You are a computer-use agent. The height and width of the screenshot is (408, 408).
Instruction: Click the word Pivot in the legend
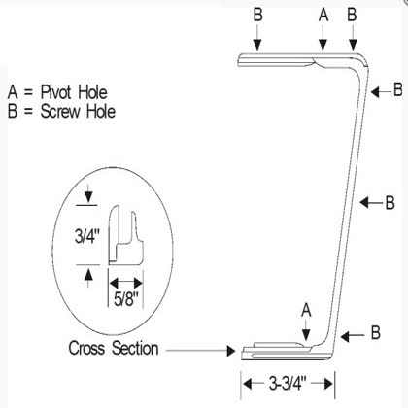(x=56, y=92)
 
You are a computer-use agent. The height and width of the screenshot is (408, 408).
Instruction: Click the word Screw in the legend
(x=60, y=112)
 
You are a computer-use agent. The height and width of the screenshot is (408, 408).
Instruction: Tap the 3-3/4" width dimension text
(x=288, y=384)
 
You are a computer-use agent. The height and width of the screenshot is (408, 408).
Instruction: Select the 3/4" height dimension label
(x=86, y=236)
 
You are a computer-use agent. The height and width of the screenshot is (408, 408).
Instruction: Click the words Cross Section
(x=114, y=349)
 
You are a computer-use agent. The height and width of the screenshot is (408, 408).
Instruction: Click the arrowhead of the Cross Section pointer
(x=231, y=351)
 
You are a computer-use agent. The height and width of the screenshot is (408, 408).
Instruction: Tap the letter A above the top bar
(x=323, y=15)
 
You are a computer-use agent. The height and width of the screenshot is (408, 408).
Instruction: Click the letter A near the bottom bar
(x=306, y=311)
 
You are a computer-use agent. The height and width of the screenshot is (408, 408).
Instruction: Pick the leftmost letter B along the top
(x=257, y=15)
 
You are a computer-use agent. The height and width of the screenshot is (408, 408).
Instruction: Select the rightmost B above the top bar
(x=352, y=15)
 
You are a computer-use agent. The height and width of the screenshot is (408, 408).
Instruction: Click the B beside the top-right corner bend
(x=398, y=89)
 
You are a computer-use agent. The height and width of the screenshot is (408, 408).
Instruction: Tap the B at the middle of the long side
(x=391, y=203)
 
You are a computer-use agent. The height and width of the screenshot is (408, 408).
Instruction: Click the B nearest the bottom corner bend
(x=376, y=332)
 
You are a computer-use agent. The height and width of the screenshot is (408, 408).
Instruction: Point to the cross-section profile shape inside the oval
(x=125, y=236)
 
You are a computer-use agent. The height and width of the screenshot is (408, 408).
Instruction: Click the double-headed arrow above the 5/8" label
(x=126, y=283)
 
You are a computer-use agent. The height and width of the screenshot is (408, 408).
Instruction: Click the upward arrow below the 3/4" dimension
(x=88, y=279)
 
